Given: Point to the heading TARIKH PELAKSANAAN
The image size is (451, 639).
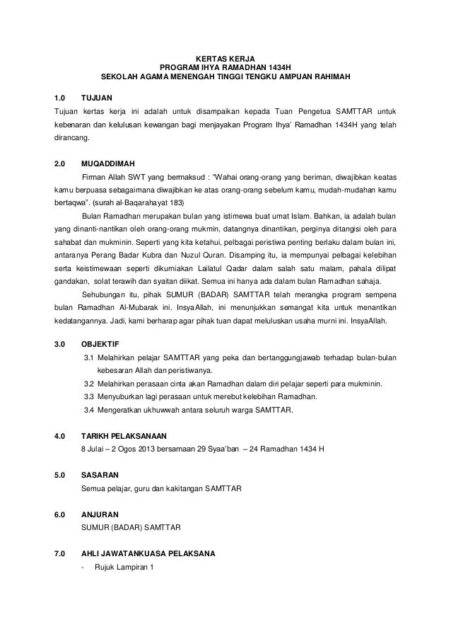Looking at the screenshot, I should pyautogui.click(x=125, y=436).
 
